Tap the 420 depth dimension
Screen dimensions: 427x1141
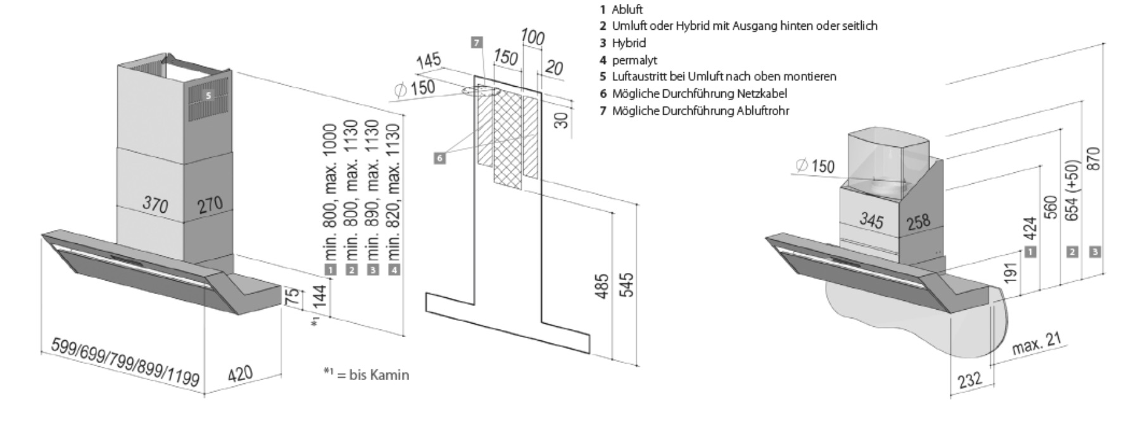pos(240,374)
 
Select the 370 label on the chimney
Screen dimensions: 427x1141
pos(155,204)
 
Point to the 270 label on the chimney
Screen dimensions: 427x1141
pos(210,204)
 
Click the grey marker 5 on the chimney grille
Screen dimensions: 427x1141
pos(208,96)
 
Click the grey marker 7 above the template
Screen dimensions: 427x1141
pos(477,42)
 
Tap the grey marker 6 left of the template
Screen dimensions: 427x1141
pos(439,158)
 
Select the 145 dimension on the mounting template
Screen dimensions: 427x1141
pos(429,62)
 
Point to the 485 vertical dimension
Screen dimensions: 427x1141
pos(603,286)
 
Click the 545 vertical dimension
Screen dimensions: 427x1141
pos(626,284)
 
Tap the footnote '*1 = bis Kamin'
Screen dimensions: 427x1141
pos(367,374)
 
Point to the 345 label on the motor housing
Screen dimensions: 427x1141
pos(871,220)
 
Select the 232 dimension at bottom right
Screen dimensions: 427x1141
pos(969,379)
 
